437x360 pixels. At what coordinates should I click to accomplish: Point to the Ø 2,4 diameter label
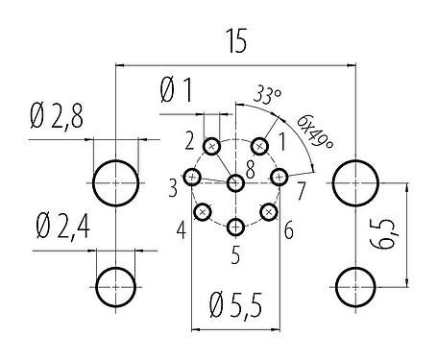[61, 229]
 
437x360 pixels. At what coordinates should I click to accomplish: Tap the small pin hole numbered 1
[259, 146]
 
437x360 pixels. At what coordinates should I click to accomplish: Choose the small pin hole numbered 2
[212, 147]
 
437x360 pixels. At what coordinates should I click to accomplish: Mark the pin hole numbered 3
[193, 178]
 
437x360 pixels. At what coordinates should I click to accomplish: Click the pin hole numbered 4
[203, 211]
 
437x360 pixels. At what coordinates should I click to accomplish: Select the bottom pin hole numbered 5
[236, 227]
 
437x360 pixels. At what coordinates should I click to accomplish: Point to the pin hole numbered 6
[269, 211]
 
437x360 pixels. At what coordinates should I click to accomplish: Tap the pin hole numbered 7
[279, 177]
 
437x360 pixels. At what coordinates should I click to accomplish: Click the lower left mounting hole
[115, 285]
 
